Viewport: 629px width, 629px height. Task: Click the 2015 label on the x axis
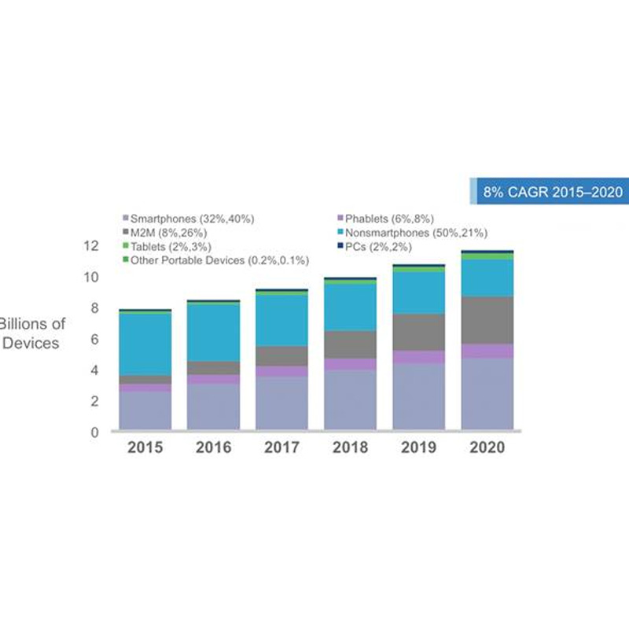click(145, 448)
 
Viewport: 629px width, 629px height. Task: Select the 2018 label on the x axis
click(351, 448)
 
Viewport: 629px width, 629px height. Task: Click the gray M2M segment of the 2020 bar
click(487, 319)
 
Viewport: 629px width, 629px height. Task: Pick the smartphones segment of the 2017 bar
click(281, 403)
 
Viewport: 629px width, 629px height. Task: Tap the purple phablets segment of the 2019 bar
click(419, 357)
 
